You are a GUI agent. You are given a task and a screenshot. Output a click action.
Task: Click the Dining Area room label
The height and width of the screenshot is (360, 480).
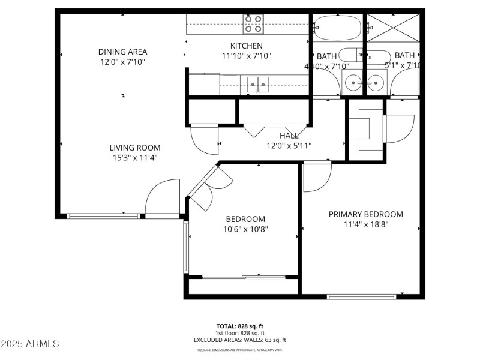click(x=122, y=52)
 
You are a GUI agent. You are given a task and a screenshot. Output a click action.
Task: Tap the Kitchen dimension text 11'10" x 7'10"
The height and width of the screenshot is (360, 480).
click(x=247, y=56)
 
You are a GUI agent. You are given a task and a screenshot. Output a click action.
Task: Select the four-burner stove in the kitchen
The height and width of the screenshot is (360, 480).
click(x=254, y=23)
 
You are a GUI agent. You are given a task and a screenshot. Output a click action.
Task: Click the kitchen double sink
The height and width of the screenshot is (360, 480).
click(x=257, y=83)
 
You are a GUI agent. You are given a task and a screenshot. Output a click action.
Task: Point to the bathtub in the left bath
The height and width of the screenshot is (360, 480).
click(x=337, y=27)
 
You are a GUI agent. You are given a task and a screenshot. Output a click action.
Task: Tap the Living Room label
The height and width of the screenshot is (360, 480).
click(x=134, y=148)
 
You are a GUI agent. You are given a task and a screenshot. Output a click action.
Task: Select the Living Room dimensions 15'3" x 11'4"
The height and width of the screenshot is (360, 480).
click(x=134, y=158)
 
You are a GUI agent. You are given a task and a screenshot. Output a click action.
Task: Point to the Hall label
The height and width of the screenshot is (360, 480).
click(x=289, y=136)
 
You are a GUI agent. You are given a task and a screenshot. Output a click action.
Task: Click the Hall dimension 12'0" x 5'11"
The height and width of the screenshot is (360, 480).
click(x=289, y=145)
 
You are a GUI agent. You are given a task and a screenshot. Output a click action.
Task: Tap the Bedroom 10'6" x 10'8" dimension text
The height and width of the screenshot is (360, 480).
click(x=245, y=229)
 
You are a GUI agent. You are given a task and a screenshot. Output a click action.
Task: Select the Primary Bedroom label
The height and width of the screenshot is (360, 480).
click(x=365, y=214)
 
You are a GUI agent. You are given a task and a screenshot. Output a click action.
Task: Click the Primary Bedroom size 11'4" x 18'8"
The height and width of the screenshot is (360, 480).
click(x=365, y=225)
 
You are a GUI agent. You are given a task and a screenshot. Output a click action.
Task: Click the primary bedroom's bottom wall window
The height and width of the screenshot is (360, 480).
click(x=361, y=296)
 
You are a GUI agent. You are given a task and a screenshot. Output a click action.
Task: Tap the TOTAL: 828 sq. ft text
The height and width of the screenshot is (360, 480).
click(x=239, y=326)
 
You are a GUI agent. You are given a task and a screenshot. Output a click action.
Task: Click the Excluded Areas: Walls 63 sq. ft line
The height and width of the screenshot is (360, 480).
click(x=239, y=340)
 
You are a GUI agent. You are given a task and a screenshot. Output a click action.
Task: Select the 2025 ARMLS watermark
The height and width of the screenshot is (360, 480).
click(x=30, y=344)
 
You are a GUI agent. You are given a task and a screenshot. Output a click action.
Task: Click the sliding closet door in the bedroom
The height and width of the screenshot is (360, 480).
click(x=243, y=277)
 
